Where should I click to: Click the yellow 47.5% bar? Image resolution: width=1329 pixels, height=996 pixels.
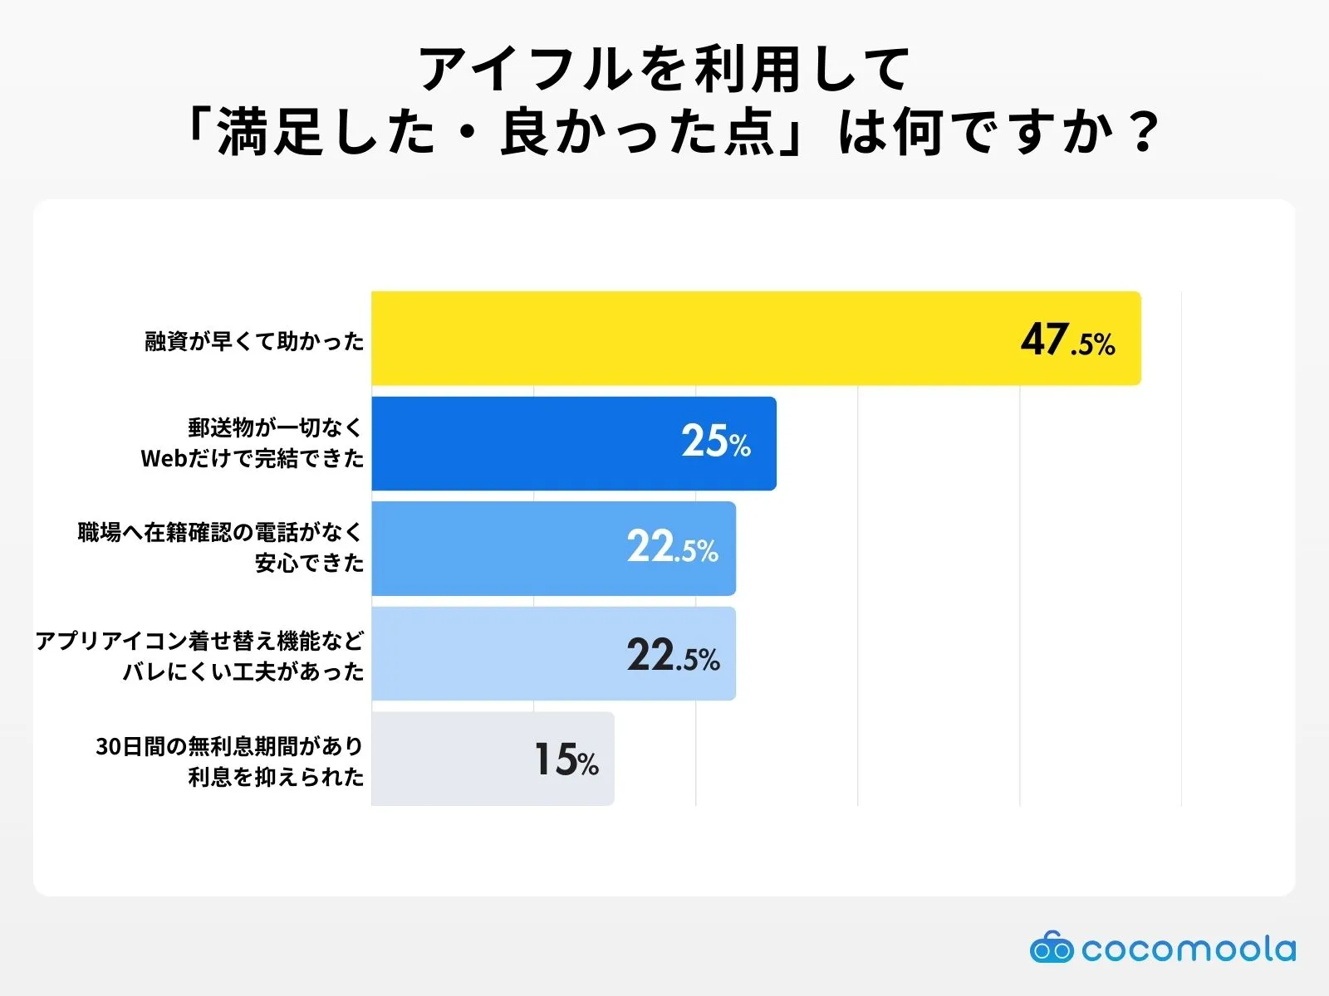(756, 338)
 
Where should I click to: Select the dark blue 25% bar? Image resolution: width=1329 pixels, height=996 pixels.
(573, 443)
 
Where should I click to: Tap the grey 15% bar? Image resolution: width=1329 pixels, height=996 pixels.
(493, 759)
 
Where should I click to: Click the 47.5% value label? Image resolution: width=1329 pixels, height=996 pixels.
(1067, 340)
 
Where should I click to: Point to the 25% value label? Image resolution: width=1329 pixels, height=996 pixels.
(715, 442)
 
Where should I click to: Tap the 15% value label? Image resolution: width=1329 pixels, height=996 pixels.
(566, 759)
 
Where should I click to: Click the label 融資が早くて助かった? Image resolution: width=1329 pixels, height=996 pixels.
(254, 341)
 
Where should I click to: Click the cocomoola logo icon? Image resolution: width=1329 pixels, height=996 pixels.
(1051, 948)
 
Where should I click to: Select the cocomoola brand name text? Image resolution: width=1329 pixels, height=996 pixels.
(1188, 949)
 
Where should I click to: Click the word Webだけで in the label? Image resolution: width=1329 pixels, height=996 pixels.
(197, 458)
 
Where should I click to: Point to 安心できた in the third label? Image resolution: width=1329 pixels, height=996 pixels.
(309, 563)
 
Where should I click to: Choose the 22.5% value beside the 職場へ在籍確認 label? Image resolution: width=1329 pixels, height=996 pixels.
(672, 548)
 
